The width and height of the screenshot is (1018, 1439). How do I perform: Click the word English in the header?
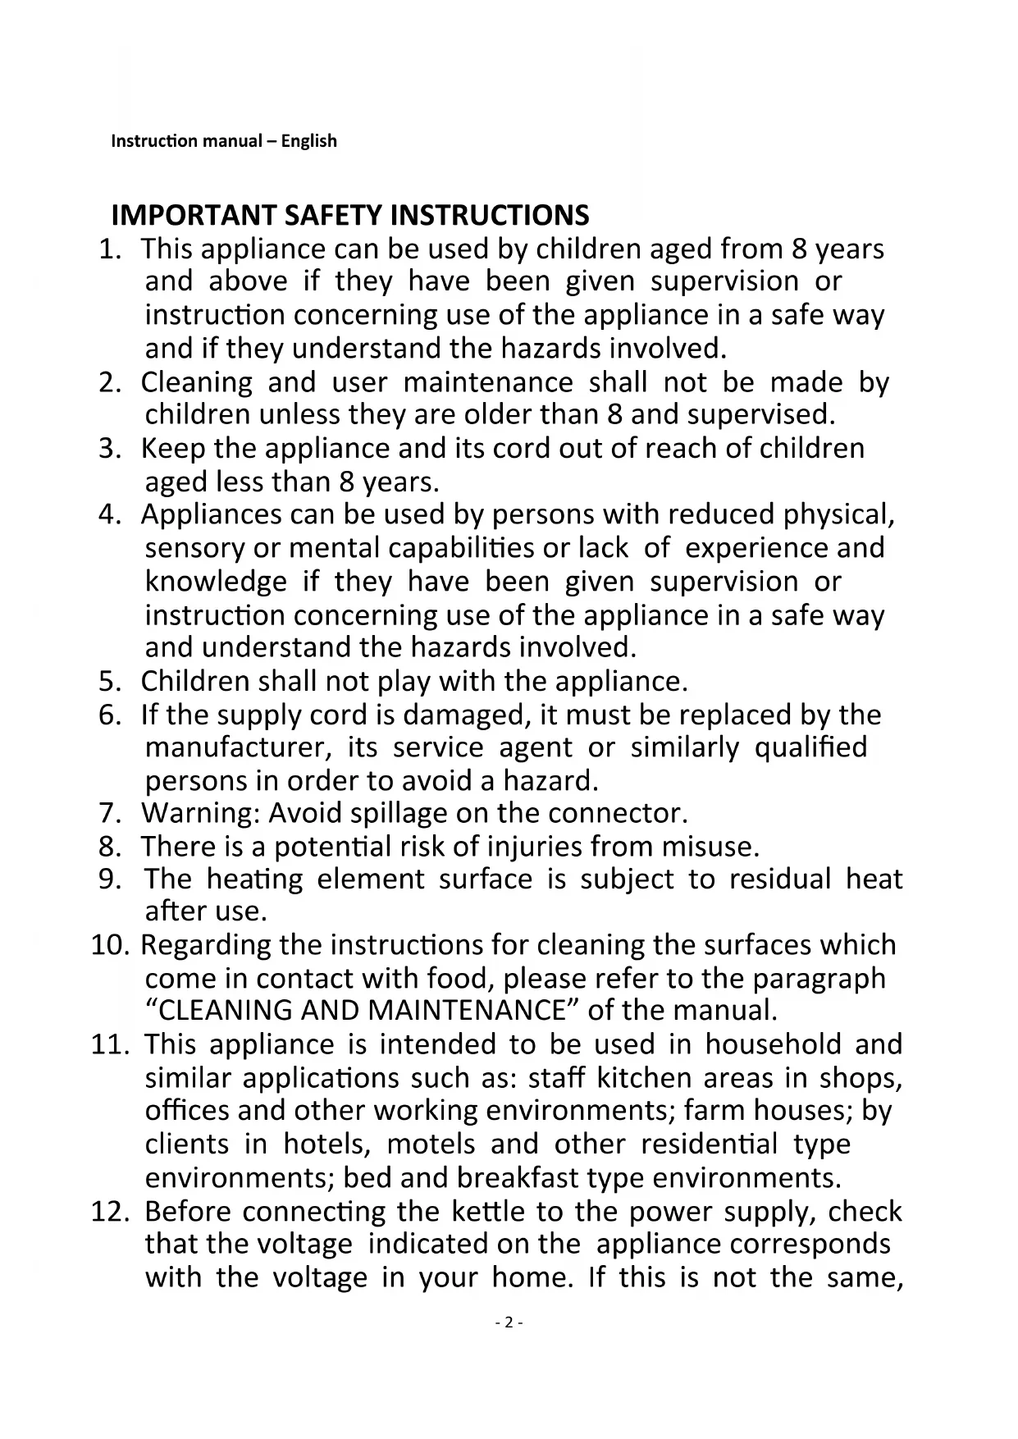308,141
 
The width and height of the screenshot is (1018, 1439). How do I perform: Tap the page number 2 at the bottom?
509,1323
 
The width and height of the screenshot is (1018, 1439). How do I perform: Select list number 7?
110,813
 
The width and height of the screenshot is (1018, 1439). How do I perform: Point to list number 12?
110,1212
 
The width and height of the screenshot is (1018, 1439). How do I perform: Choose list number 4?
110,514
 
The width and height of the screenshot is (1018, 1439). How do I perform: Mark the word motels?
431,1144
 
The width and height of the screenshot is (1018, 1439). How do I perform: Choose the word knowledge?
216,582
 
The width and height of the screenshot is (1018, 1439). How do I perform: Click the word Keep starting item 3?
173,449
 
